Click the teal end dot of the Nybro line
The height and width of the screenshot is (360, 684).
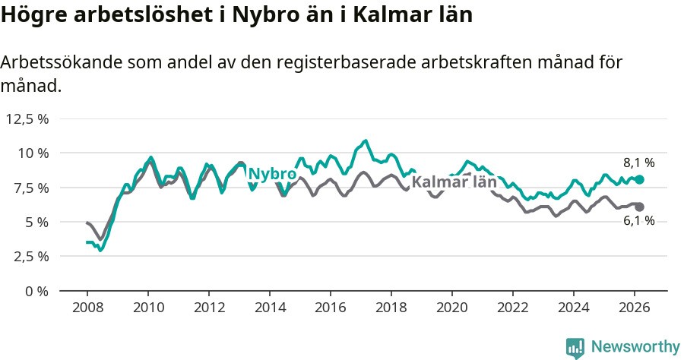[639, 179]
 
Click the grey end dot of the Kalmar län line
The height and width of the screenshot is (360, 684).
[639, 207]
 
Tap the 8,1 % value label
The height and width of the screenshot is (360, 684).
[638, 163]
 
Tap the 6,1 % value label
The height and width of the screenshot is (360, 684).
[638, 221]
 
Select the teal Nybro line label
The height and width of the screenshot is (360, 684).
[272, 174]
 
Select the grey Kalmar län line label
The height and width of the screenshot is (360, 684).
[454, 182]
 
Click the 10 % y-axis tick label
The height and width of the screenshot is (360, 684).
[33, 153]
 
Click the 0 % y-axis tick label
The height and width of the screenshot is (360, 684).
[36, 291]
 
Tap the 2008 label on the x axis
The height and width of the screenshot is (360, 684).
[87, 307]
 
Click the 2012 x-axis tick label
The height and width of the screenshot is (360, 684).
[209, 307]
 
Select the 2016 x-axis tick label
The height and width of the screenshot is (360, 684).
[331, 307]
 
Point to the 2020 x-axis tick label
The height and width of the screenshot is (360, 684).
[452, 307]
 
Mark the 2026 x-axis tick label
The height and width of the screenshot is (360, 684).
[635, 307]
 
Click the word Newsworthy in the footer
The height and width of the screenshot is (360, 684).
[635, 347]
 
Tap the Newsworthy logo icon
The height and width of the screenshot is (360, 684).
[575, 348]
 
